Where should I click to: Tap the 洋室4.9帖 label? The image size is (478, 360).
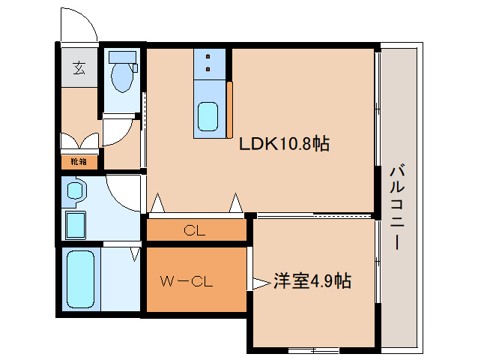coord(312,281)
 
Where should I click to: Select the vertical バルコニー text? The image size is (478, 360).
coord(396,205)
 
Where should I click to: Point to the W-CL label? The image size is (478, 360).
coord(187,282)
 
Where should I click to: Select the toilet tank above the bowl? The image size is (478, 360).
coord(120,56)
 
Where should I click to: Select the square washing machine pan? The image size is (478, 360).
coord(76,223)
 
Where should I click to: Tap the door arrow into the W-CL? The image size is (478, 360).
coord(259,283)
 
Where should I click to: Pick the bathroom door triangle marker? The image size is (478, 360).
coord(135,254)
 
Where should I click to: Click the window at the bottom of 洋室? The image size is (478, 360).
coord(314,349)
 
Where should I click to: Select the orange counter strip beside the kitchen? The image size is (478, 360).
coord(231,109)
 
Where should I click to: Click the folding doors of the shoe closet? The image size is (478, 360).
coord(79,141)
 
